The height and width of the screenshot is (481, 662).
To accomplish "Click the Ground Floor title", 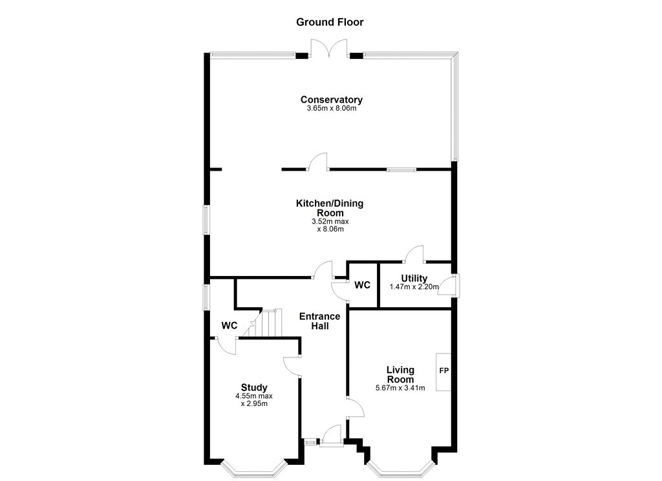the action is click(x=330, y=22).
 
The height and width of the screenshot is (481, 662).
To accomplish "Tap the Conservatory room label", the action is click(x=332, y=100).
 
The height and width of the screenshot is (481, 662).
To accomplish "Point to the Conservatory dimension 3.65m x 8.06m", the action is click(x=332, y=109).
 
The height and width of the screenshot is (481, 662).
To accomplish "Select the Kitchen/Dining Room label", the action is click(x=330, y=208).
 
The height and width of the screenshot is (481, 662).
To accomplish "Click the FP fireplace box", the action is click(x=443, y=372).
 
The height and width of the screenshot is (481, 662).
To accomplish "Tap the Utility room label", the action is click(x=414, y=278).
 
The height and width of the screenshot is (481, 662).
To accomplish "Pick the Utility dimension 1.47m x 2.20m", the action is click(x=414, y=287).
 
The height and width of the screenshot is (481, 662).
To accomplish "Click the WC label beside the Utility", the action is click(x=362, y=285).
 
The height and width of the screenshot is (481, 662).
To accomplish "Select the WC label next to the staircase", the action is click(x=230, y=326).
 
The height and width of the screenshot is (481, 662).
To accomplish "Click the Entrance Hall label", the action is click(x=319, y=321).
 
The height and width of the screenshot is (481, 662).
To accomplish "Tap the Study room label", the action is click(x=254, y=387).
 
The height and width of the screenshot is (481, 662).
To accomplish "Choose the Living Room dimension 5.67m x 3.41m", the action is click(x=400, y=388).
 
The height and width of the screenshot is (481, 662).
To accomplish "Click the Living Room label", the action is click(x=400, y=374).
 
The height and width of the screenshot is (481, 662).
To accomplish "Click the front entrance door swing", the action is click(x=331, y=435).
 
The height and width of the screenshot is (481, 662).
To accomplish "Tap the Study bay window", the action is click(x=253, y=469).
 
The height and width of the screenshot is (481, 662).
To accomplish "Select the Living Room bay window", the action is click(x=401, y=469).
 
